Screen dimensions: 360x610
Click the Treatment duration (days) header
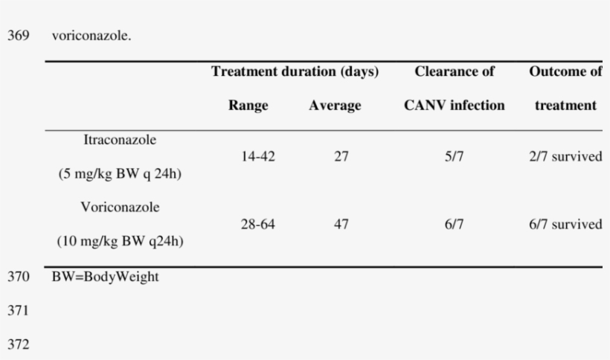pos(295,72)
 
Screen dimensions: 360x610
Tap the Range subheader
pos(248,106)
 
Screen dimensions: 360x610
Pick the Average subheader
pos(335,106)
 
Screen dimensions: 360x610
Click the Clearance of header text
pos(455,72)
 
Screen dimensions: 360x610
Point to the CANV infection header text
pos(455,106)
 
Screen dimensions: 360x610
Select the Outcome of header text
pos(565,72)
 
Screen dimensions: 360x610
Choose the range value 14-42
pos(248,157)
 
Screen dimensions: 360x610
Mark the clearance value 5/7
pos(455,157)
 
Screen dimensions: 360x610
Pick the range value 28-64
pos(248,225)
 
